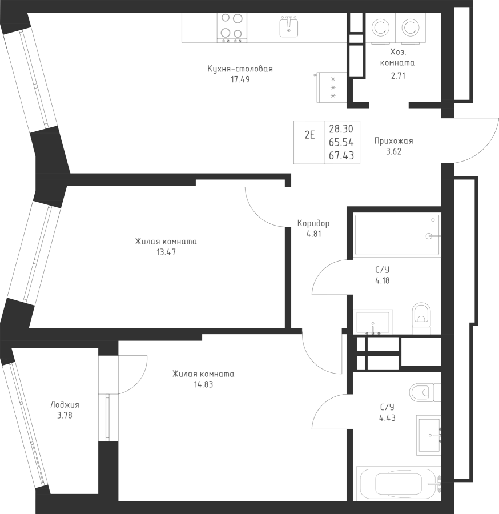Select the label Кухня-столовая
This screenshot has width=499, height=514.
[x=240, y=69]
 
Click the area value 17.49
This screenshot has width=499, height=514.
[x=240, y=80]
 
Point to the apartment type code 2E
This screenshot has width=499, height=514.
[x=309, y=135]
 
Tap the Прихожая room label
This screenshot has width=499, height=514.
[x=393, y=141]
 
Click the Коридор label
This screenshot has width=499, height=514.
[x=313, y=223]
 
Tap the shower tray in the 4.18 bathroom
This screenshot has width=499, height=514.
[x=397, y=235]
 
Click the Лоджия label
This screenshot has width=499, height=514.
[x=65, y=405]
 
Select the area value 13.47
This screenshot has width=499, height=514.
[x=167, y=252]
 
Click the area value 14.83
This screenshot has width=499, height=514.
[x=203, y=385]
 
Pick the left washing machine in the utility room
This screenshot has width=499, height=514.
[x=380, y=27]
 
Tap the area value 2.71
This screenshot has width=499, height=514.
[x=397, y=75]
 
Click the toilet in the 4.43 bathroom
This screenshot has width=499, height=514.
[x=422, y=392]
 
